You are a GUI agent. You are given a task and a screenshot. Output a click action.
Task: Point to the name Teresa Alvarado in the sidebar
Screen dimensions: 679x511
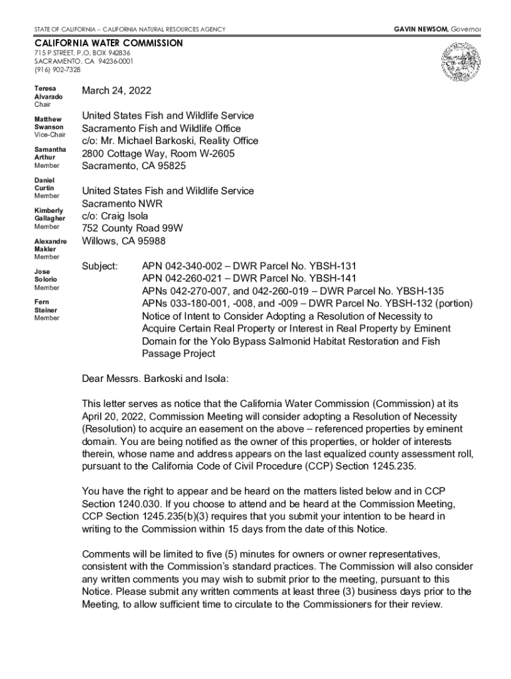click(48, 92)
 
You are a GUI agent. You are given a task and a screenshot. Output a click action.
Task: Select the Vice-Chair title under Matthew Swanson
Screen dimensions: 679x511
click(50, 135)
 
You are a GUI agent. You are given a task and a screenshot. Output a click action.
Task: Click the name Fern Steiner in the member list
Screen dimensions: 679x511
click(46, 306)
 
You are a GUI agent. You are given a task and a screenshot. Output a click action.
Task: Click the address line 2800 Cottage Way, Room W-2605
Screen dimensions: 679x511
click(158, 154)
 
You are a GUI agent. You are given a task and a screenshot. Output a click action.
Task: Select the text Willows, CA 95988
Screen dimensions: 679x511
click(123, 241)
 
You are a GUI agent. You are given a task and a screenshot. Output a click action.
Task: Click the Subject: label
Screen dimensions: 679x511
click(100, 266)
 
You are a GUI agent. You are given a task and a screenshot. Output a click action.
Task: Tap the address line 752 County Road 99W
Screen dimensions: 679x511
click(132, 229)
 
